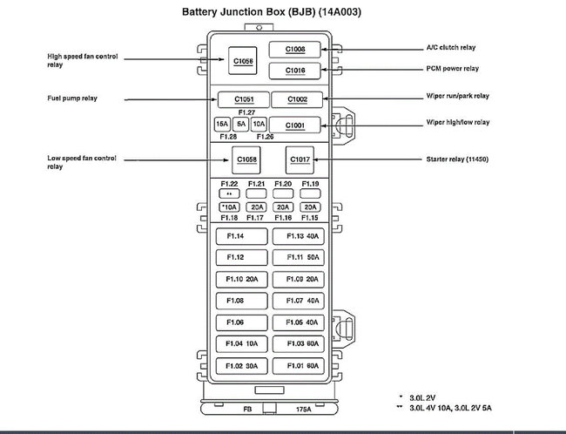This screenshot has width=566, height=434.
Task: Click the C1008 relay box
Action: [x=295, y=50]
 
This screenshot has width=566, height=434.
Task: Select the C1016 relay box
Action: [x=295, y=70]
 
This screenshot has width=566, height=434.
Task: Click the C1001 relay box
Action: [x=296, y=125]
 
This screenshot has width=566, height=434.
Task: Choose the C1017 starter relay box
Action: [x=299, y=159]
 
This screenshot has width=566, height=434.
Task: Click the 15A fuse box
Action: [x=222, y=125]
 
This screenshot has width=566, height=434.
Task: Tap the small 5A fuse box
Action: [x=240, y=125]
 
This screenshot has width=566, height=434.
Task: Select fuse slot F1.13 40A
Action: [x=297, y=237]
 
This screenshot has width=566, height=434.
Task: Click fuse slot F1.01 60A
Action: [x=297, y=365]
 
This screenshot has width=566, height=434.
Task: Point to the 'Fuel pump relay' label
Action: [x=73, y=98]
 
